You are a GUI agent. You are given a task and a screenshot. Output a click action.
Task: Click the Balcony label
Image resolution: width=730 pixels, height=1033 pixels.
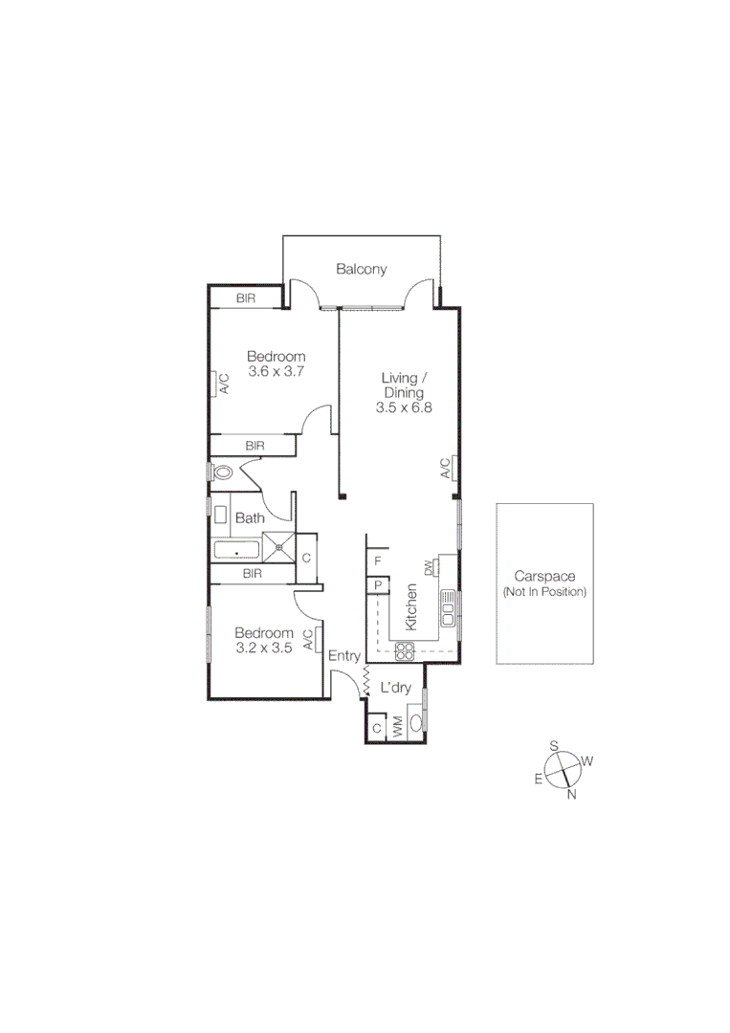[361, 269]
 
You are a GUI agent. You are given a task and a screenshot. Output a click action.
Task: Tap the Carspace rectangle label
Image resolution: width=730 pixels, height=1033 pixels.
[544, 577]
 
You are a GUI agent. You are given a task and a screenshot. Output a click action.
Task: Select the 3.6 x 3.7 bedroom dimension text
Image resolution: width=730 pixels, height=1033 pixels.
[276, 371]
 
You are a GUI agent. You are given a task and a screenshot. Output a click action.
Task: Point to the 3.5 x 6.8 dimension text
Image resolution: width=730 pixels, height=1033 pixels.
[404, 407]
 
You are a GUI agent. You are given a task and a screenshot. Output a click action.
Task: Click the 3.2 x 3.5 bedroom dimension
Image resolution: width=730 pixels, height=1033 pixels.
[263, 648]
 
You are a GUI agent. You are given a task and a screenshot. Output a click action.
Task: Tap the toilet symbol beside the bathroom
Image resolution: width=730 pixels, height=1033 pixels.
[224, 472]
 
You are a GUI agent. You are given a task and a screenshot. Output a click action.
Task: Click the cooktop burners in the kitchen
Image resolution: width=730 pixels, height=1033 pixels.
[404, 651]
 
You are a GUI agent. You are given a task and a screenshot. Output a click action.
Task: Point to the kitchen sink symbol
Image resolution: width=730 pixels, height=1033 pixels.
[448, 606]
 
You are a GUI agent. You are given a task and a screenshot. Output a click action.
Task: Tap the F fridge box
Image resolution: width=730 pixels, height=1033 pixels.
[378, 560]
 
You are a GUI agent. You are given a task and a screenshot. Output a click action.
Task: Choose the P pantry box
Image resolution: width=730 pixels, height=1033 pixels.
[378, 585]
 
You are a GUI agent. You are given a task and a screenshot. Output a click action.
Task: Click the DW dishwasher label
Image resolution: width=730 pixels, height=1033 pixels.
[430, 568]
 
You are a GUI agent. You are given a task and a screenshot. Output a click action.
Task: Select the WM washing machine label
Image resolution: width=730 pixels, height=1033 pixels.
[397, 726]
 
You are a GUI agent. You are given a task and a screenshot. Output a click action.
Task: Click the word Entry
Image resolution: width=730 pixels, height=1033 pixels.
[344, 656]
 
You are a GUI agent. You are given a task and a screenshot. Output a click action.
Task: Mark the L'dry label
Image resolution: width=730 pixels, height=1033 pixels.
[395, 687]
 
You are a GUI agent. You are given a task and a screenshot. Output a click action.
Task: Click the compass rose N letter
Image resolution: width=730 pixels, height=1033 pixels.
[571, 793]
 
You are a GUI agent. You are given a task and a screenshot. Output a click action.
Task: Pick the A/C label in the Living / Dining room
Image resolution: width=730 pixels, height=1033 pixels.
[445, 468]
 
